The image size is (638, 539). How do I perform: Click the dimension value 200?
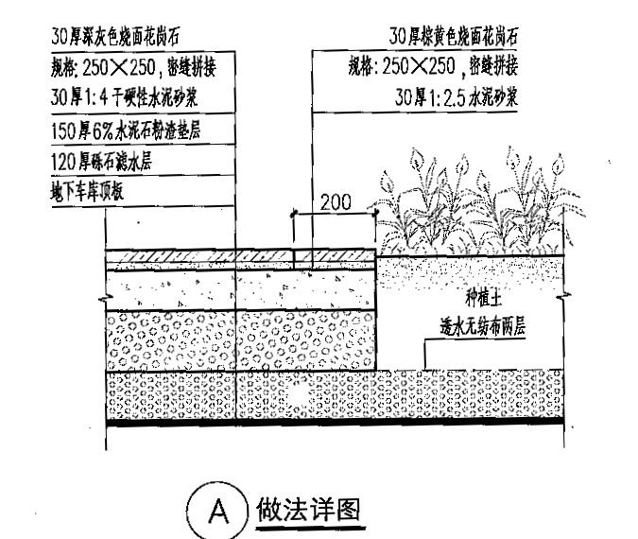(336, 201)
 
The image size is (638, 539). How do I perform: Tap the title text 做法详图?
(309, 511)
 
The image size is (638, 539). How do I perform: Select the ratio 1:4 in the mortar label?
(103, 99)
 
